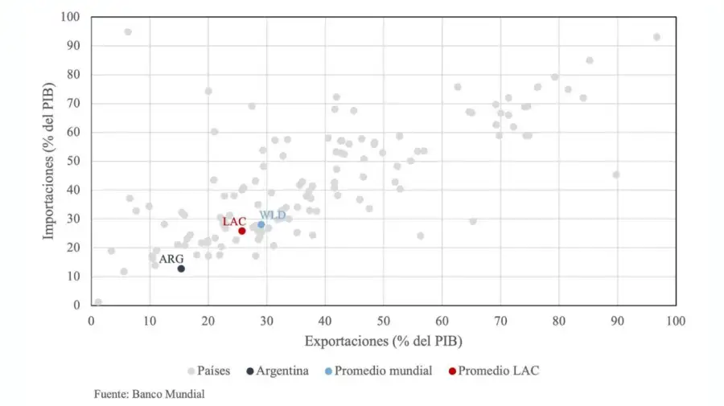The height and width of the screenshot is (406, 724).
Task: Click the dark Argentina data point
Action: pos(181,269)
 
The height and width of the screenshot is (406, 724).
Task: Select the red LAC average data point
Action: pos(241,231)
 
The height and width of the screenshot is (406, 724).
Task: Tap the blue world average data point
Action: pos(261,224)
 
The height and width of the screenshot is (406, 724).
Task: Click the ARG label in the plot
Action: pos(171,259)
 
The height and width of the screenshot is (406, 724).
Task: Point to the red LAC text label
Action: pos(234,221)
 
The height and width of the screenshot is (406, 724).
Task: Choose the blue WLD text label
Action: pos(272,215)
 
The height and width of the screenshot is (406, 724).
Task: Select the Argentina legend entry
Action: pos(278,371)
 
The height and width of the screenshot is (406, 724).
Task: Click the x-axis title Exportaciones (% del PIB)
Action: pos(383,341)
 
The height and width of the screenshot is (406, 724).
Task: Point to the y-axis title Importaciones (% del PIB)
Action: pos(49,161)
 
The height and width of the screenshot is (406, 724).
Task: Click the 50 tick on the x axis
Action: pos(384,321)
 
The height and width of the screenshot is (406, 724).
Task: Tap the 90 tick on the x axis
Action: pos(617,321)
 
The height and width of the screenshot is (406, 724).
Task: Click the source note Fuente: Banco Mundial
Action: pos(150,394)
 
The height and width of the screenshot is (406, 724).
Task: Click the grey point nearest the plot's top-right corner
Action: pos(656,37)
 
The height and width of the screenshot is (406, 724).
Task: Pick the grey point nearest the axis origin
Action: pos(98,302)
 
